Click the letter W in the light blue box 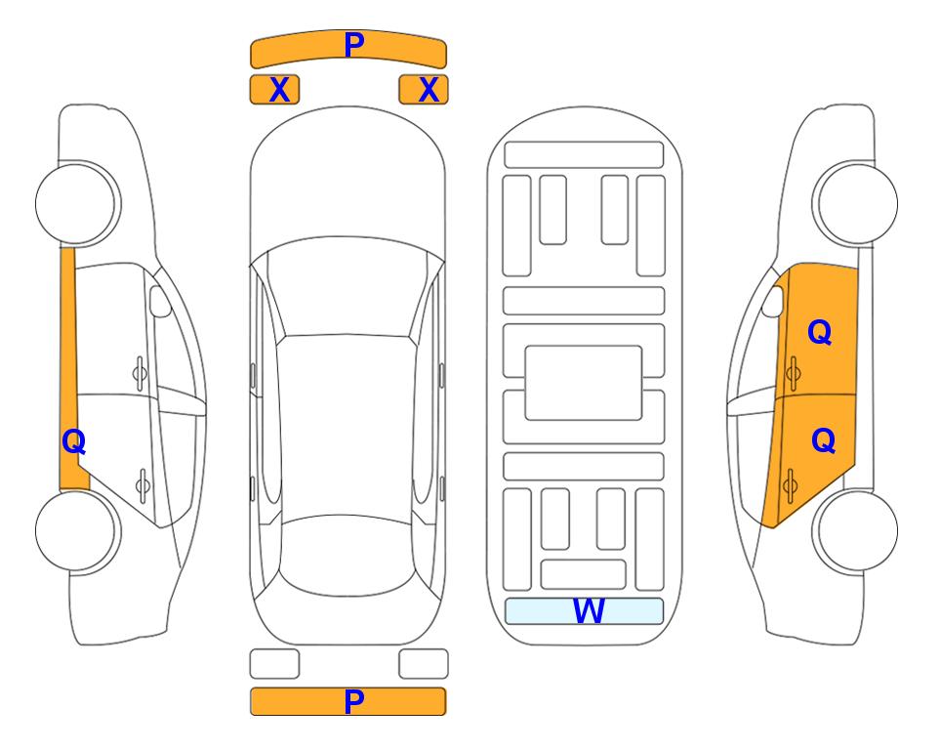(588, 610)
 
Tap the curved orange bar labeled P (348, 48)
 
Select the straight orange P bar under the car (348, 701)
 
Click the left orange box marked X (274, 90)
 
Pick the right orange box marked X (424, 90)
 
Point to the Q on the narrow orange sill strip (74, 441)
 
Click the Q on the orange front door (820, 332)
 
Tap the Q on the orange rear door (823, 440)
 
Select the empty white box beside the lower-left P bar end (274, 664)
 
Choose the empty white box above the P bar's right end (424, 664)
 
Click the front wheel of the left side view (78, 203)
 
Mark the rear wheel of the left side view (78, 530)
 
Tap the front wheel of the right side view (855, 203)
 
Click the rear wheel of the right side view (855, 530)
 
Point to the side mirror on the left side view (160, 301)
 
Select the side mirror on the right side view (773, 301)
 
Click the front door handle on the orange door (793, 373)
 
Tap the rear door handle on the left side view (143, 484)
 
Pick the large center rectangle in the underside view (584, 383)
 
